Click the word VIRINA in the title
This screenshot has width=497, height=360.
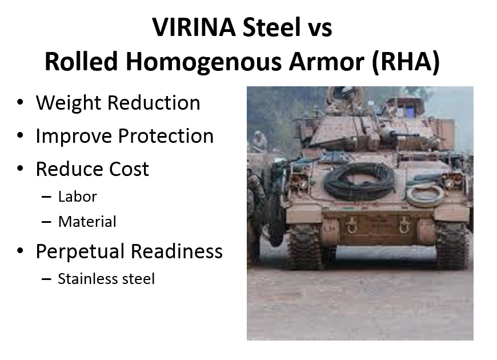[x=194, y=27]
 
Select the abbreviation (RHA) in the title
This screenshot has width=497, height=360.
[x=406, y=62]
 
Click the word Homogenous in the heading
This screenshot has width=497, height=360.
[x=203, y=62]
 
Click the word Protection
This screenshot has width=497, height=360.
[x=166, y=137]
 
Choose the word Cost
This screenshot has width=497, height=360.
[x=129, y=169]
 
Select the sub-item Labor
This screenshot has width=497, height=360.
[x=78, y=197]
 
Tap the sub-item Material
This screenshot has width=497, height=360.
[x=87, y=222]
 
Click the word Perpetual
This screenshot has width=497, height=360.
[x=79, y=252]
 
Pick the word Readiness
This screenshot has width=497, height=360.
[x=177, y=251]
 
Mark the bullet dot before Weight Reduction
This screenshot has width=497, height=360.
[x=20, y=102]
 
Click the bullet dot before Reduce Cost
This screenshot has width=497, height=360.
[x=20, y=168]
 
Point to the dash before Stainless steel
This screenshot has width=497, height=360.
[x=46, y=279]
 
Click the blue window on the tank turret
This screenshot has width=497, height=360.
[x=410, y=112]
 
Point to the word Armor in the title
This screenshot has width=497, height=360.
[x=326, y=62]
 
